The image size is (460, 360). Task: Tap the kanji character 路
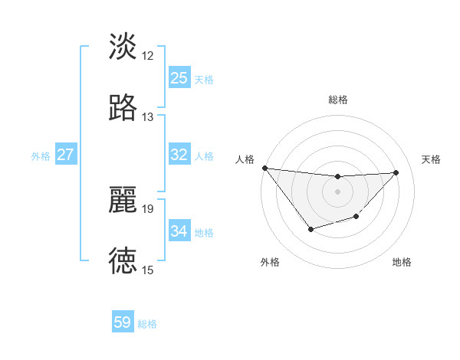click(123, 108)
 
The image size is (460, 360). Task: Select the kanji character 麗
click(123, 200)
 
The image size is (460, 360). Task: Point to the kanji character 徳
click(123, 261)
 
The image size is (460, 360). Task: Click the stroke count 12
click(148, 55)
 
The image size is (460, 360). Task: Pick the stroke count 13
click(148, 117)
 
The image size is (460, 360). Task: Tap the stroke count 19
click(148, 208)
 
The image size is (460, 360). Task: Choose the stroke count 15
click(148, 270)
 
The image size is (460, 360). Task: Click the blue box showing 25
click(179, 78)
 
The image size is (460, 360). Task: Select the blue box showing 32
click(179, 155)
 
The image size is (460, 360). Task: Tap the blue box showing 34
click(179, 231)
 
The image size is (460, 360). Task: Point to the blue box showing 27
click(65, 155)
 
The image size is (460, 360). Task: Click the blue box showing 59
click(123, 322)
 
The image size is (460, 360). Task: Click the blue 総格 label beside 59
click(147, 324)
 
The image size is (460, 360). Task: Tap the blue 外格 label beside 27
click(41, 156)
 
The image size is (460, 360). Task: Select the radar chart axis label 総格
click(337, 100)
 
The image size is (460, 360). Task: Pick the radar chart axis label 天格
click(432, 159)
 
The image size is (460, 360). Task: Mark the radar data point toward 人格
click(264, 168)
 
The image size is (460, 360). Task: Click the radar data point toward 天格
click(396, 172)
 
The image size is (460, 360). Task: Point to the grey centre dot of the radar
click(337, 191)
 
